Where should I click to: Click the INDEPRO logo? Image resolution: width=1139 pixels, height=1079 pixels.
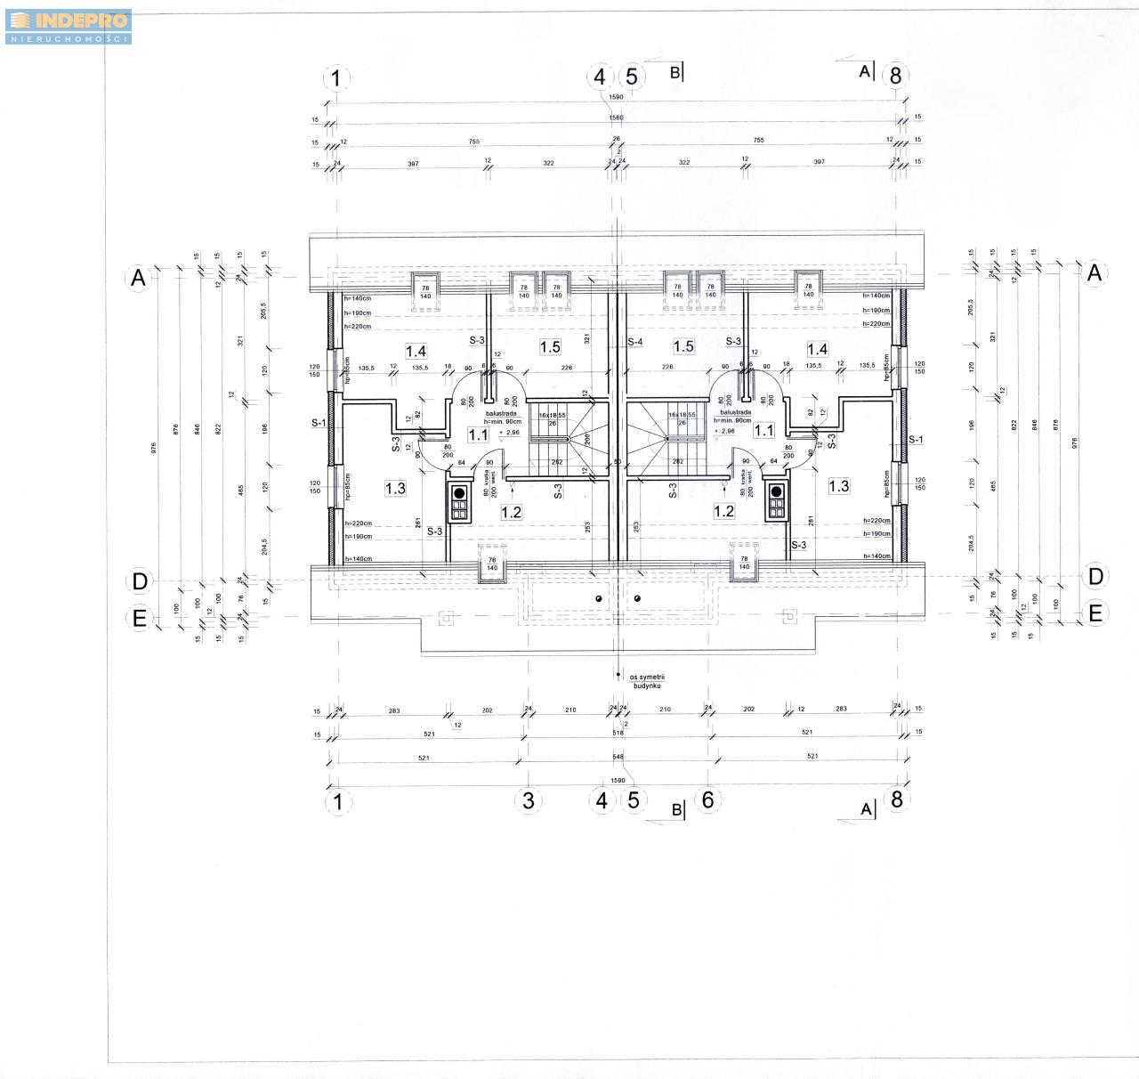68,26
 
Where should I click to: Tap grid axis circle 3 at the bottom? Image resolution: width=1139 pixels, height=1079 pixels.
529,799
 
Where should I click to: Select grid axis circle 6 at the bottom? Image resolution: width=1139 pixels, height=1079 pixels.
707,799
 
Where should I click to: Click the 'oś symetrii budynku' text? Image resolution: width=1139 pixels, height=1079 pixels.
648,682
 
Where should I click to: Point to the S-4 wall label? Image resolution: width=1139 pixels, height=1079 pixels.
635,342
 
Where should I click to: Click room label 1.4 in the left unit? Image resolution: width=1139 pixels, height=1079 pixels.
416,351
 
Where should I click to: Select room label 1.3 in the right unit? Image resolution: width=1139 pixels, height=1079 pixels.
838,486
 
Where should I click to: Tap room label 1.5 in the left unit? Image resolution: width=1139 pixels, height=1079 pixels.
549,346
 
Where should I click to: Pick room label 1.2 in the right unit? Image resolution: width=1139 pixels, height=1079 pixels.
724,511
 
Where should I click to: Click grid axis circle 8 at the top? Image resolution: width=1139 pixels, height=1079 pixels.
895,76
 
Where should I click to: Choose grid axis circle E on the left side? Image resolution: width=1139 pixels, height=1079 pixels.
140,618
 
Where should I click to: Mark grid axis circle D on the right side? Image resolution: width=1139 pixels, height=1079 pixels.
1095,576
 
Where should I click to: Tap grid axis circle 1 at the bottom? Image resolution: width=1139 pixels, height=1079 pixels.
336,801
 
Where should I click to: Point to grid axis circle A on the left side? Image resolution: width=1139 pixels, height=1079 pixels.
138,278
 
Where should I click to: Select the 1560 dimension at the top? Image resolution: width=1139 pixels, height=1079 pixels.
616,118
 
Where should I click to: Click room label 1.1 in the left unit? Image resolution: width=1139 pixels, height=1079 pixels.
479,435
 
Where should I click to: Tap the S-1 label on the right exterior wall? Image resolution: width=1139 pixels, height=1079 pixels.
916,440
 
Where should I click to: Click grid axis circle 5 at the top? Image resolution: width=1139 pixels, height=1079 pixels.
631,77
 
